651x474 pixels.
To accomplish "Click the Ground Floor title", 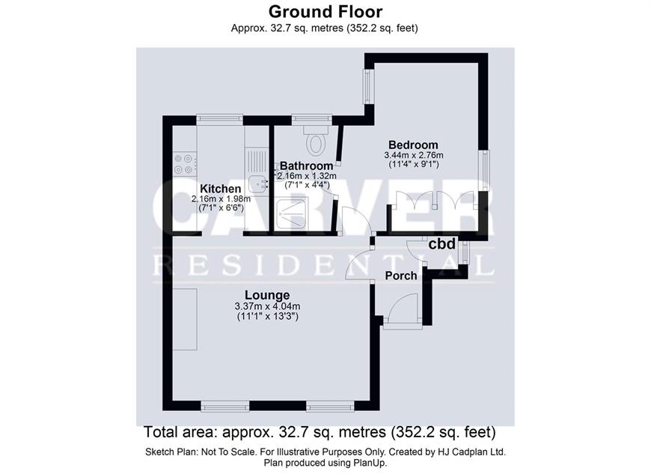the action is pyautogui.click(x=325, y=12).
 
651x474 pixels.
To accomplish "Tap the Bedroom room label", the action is pyautogui.click(x=413, y=145).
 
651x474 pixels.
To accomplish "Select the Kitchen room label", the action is pyautogui.click(x=221, y=189).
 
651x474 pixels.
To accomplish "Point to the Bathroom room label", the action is pyautogui.click(x=306, y=165).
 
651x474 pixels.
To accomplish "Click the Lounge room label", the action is pyautogui.click(x=267, y=295).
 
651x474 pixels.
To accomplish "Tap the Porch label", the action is pyautogui.click(x=400, y=276).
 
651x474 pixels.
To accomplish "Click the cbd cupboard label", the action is pyautogui.click(x=441, y=244).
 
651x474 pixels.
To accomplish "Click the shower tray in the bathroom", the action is pyautogui.click(x=291, y=214).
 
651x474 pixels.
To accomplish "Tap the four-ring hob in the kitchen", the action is pyautogui.click(x=185, y=164).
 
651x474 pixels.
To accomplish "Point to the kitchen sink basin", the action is pyautogui.click(x=259, y=184).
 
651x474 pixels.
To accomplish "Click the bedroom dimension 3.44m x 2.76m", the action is pyautogui.click(x=414, y=155).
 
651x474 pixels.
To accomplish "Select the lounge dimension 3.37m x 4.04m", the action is pyautogui.click(x=267, y=306).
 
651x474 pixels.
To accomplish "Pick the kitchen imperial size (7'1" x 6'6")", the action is pyautogui.click(x=221, y=207).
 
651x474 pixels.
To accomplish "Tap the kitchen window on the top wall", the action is pyautogui.click(x=220, y=119).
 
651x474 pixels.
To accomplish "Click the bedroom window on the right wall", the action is pyautogui.click(x=484, y=170).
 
